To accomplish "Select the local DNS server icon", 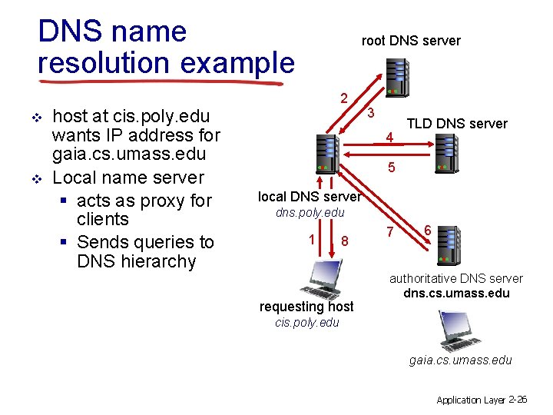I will point(327,153).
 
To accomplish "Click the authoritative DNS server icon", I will point(445,245).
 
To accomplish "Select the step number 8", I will point(345,241).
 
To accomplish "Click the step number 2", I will point(345,98).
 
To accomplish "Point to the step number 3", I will point(370,113).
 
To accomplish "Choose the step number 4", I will point(390,138).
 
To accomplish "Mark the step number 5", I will point(392,167).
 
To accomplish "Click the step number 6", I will point(427,228).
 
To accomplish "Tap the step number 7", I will point(390,231).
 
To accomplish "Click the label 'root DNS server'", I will point(411,41).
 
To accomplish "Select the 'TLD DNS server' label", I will point(456,124).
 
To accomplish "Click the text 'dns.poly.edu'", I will point(310,212).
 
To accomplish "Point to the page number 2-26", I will point(518,399).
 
